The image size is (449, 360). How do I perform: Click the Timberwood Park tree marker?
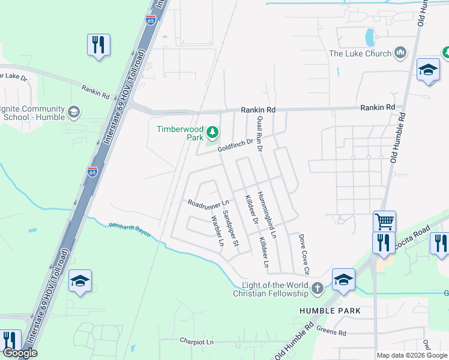coord(211,132)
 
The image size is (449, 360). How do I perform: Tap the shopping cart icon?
coord(384,221)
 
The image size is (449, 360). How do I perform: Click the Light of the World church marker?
coord(317,290)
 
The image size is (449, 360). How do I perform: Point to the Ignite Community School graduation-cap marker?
coord(74,112)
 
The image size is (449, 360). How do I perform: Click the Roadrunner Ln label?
coord(209,203)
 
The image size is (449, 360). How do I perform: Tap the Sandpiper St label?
coord(231,228)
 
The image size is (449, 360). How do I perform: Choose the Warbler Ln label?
coord(217,231)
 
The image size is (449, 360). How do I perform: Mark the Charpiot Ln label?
coord(197,341)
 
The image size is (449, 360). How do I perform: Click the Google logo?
coord(19,353)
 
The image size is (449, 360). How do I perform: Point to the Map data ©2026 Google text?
coord(412,355)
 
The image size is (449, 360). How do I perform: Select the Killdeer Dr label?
coord(250,209)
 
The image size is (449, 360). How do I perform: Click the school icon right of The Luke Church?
coord(427,70)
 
